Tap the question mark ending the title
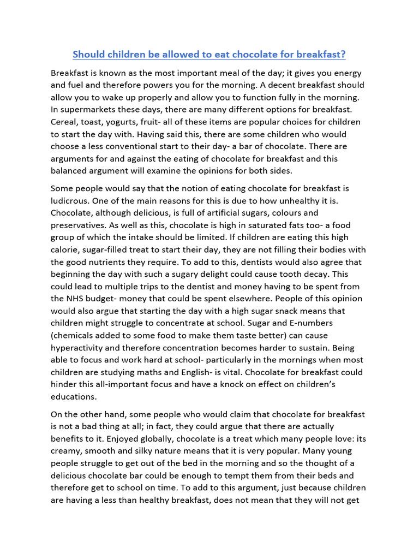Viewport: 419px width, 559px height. click(344, 55)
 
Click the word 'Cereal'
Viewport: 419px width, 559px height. click(65, 122)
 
